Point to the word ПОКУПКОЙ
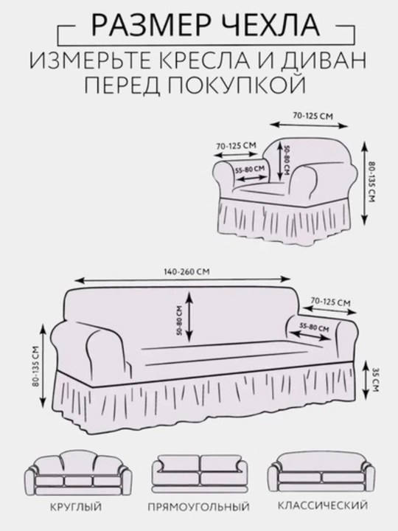[x=237, y=85]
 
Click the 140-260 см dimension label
[x=186, y=271]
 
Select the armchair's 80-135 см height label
[x=371, y=183]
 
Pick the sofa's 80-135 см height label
[x=37, y=366]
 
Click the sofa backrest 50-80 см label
[x=179, y=320]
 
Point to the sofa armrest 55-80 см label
[x=315, y=327]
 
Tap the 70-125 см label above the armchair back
[x=313, y=116]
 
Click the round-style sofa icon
[x=78, y=473]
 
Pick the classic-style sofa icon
[x=321, y=473]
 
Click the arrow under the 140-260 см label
[x=183, y=280]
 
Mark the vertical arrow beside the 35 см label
[x=366, y=380]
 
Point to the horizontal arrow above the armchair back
[x=309, y=125]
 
